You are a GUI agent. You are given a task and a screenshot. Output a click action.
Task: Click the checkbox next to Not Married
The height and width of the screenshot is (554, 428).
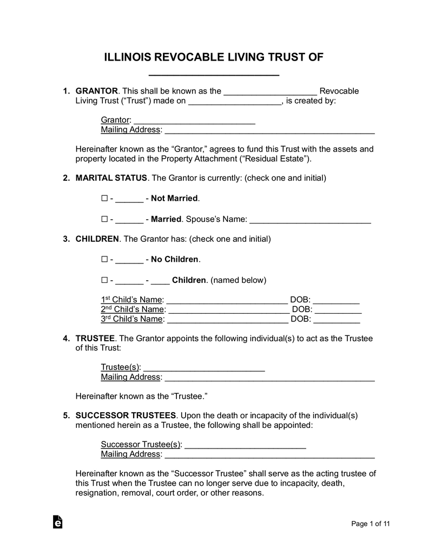104,199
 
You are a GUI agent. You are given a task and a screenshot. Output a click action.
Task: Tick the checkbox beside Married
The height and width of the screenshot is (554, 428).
104,220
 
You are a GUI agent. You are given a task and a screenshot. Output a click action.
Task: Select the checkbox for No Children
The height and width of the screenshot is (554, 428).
104,260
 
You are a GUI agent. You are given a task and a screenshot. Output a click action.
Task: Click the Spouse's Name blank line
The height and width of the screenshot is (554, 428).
310,221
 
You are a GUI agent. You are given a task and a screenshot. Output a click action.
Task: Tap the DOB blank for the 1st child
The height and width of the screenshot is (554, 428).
336,301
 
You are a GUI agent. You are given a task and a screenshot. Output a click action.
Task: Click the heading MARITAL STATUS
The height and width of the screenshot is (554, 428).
111,177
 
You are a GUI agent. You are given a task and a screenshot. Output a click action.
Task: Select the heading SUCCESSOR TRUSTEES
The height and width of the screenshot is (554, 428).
126,415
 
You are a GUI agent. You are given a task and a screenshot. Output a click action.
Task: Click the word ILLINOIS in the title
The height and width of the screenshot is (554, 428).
128,58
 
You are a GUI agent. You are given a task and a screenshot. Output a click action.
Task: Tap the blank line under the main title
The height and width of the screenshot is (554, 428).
214,74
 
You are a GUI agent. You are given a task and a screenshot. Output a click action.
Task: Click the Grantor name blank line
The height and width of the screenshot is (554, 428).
194,121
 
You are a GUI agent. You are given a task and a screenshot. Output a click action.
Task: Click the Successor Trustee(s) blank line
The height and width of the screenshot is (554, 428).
246,446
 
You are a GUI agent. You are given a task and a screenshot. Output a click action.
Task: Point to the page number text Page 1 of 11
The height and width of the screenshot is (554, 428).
371,524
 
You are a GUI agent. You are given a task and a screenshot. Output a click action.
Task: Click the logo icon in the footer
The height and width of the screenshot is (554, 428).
57,522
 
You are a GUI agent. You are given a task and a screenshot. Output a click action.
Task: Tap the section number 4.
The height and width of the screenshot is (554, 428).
66,339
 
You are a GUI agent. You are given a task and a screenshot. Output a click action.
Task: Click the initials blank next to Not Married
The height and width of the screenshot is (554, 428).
129,200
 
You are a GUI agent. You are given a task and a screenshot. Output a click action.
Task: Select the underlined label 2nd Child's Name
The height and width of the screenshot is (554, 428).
133,309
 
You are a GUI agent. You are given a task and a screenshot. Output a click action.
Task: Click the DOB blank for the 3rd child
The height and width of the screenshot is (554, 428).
337,320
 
